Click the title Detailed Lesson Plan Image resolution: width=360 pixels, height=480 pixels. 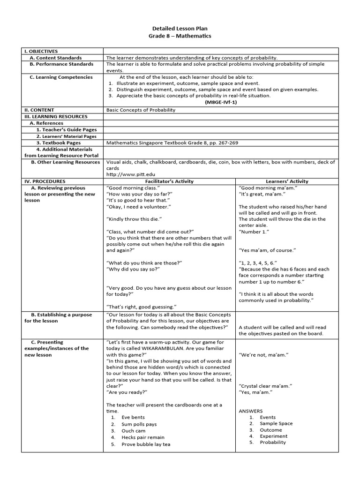pos(180,28)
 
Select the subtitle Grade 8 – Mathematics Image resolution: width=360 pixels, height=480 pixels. pos(180,36)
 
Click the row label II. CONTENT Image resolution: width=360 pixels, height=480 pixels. pos(41,110)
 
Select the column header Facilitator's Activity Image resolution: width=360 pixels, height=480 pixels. pos(170,181)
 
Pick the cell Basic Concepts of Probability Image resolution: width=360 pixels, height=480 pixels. pos(141,110)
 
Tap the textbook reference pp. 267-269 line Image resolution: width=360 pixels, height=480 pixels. pos(175,142)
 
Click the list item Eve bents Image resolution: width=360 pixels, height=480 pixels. pos(133,417)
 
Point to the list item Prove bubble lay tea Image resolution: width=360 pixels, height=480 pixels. pos(146,444)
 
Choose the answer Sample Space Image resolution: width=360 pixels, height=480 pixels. pos(276,424)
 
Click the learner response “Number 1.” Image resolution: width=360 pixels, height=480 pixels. pos(254,232)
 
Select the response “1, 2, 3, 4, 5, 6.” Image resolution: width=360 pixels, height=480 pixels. pos(258,263)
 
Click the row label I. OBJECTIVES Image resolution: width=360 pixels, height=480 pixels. pos(41,51)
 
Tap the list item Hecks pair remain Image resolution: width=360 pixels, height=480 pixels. pos(143,437)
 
